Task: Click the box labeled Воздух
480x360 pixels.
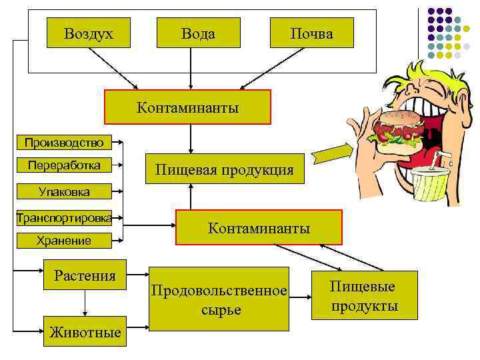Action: [x=89, y=32]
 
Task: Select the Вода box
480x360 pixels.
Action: [x=198, y=32]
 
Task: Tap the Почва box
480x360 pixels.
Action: [x=311, y=32]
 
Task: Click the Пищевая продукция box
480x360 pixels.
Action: [x=224, y=169]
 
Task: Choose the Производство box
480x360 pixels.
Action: [x=64, y=142]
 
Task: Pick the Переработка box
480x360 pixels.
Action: [x=64, y=165]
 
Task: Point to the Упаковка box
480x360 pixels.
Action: [x=64, y=192]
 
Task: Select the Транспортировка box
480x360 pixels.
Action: [x=64, y=217]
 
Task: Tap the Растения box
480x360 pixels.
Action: [x=85, y=275]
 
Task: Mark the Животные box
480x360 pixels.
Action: [x=85, y=332]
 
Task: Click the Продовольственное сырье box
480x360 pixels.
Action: [x=219, y=299]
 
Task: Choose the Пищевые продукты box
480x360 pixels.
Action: [x=364, y=295]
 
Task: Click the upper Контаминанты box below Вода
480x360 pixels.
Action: [x=187, y=107]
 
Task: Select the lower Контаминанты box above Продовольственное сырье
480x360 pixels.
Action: [x=259, y=228]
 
